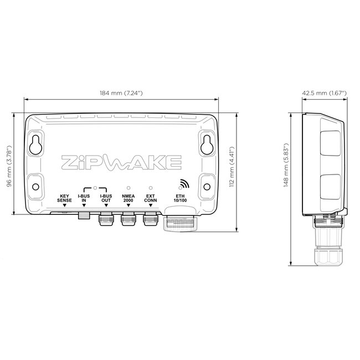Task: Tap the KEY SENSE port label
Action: (x=64, y=198)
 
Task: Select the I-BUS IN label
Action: (x=84, y=198)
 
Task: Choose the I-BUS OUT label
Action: (x=105, y=198)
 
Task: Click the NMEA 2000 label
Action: (x=128, y=198)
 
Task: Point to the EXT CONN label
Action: (x=150, y=198)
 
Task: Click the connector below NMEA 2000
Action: (x=128, y=220)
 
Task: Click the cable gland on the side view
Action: (x=326, y=255)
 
